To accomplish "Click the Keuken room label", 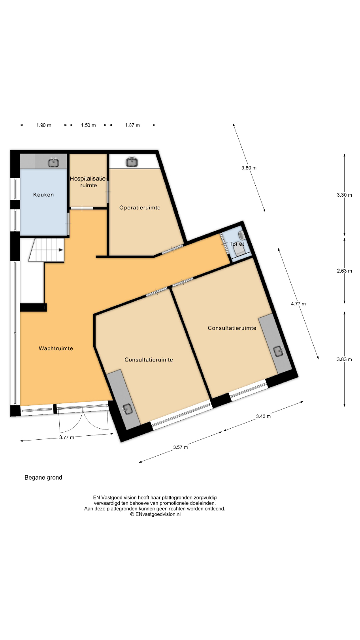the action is point(43,195).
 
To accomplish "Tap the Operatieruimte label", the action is point(140,208).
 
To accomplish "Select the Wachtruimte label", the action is point(56,348).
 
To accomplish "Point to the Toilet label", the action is point(237,244).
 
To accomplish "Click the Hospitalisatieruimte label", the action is point(88,182).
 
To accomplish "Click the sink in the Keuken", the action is point(53,163).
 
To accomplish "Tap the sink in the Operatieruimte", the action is point(132,162).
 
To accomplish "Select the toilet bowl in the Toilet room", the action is point(239,251).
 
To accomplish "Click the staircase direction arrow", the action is point(60,250).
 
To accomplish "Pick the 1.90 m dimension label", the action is point(44,125).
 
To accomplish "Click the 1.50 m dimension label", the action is point(88,125).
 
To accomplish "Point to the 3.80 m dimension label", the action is point(249,168).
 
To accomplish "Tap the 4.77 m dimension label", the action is point(298,304).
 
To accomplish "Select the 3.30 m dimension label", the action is point(344,195).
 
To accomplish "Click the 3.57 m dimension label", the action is point(181,447).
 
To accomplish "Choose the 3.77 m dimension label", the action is point(66,437).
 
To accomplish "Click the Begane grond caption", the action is point(43,477).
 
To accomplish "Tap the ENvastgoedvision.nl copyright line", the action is point(155,514).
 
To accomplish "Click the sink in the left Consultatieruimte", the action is point(128,409).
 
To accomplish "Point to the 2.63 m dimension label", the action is point(344,271).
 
